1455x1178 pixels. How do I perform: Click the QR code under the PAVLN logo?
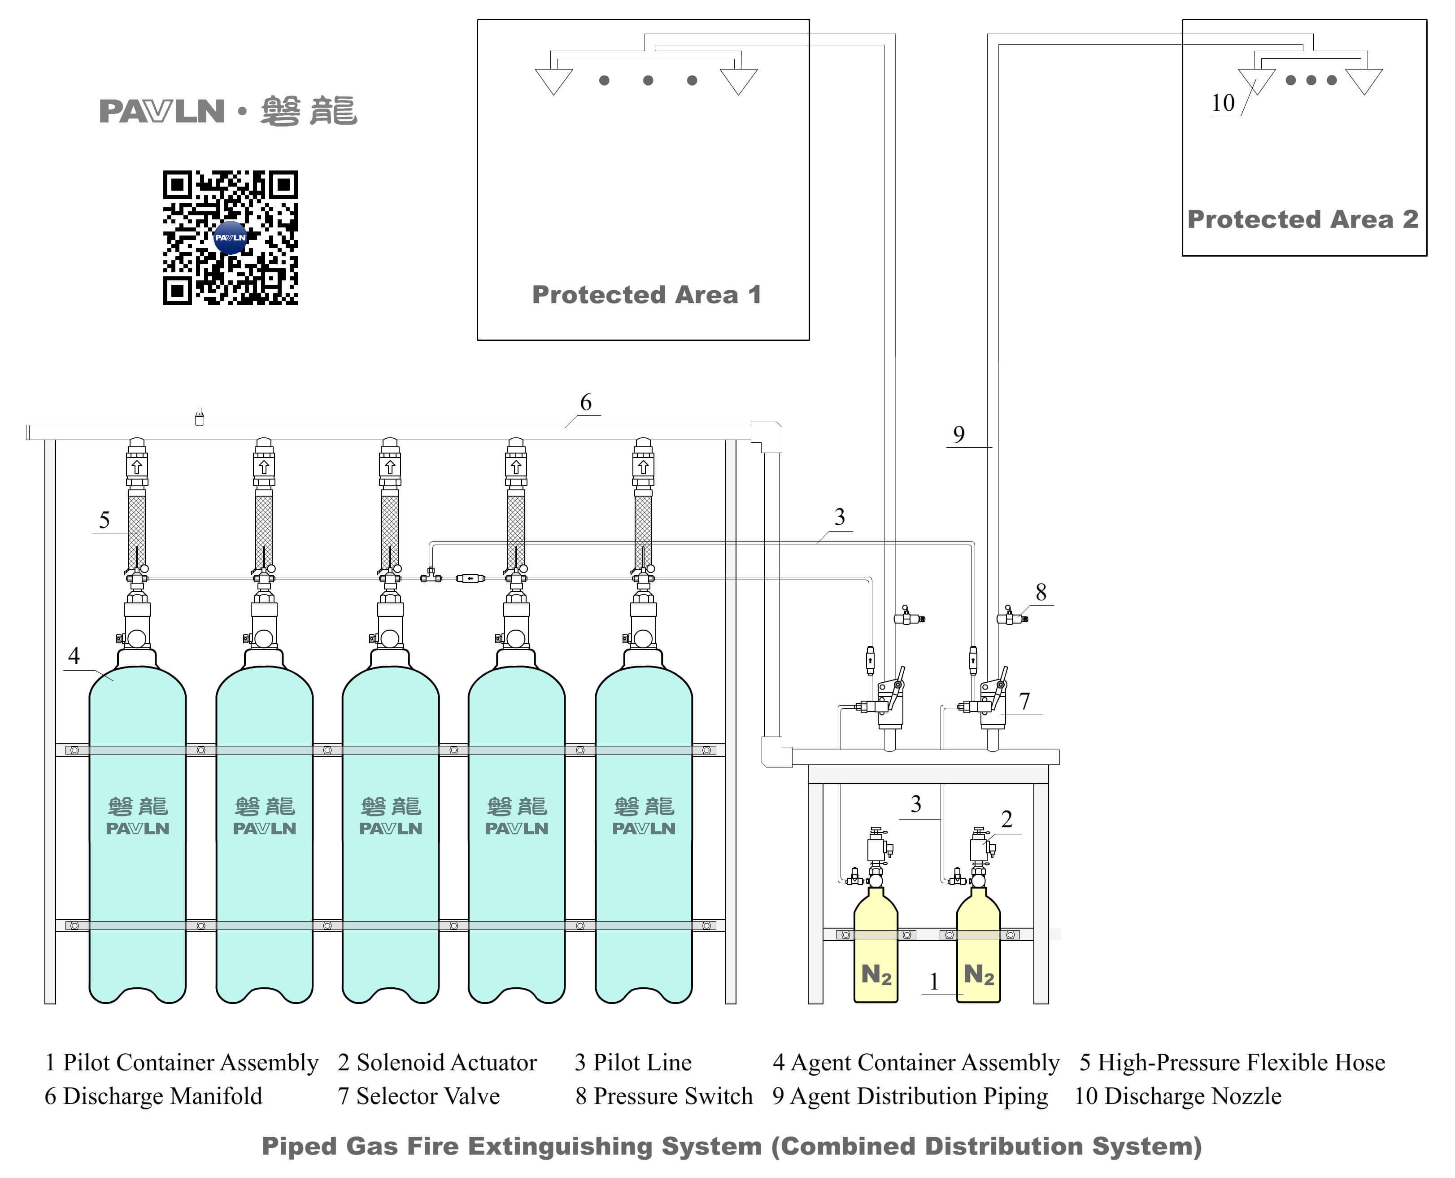230,237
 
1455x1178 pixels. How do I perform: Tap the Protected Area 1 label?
646,294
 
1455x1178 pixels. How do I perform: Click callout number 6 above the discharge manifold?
585,402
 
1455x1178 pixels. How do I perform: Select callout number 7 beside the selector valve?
1024,701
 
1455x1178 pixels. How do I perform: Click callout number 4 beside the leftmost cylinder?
74,655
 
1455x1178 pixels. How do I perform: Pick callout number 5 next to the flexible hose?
104,520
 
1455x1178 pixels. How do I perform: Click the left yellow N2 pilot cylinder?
875,950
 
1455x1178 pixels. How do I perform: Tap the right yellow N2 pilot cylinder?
978,950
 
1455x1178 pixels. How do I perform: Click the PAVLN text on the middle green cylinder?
391,829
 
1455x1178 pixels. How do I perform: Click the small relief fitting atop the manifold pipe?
200,417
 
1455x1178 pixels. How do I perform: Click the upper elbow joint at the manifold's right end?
767,436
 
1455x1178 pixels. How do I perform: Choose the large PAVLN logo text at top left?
161,111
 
